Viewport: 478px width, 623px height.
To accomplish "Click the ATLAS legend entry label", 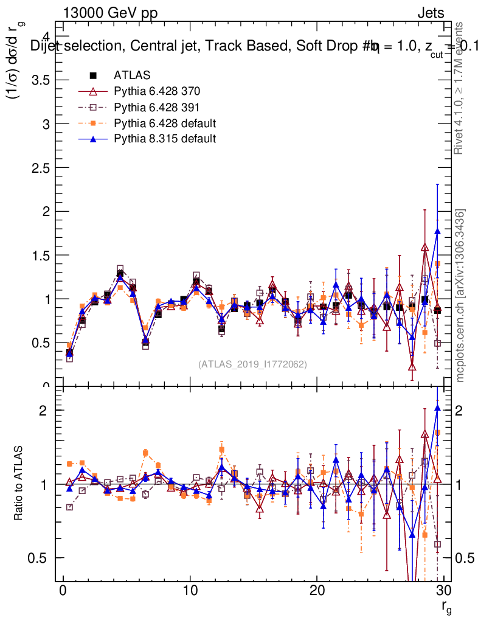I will click(x=132, y=75).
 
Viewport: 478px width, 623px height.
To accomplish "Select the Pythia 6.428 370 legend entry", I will click(x=157, y=91).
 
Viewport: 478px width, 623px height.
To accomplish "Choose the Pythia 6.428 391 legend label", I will click(x=157, y=107).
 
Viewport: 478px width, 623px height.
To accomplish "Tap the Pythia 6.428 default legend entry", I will click(x=165, y=123).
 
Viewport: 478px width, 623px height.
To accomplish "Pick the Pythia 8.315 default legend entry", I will click(x=165, y=139).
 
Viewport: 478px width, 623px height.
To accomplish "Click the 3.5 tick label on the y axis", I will click(x=41, y=80).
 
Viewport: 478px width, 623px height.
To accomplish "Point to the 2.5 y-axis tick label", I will click(x=41, y=167).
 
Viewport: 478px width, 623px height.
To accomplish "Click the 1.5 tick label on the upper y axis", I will click(x=41, y=255).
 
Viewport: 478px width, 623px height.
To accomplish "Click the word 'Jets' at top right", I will click(x=430, y=13).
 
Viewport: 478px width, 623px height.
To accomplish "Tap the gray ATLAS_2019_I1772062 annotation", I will click(x=252, y=364).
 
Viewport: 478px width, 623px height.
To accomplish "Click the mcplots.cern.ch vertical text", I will click(x=461, y=295).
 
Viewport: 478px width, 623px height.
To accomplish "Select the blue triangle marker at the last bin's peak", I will click(x=437, y=231).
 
